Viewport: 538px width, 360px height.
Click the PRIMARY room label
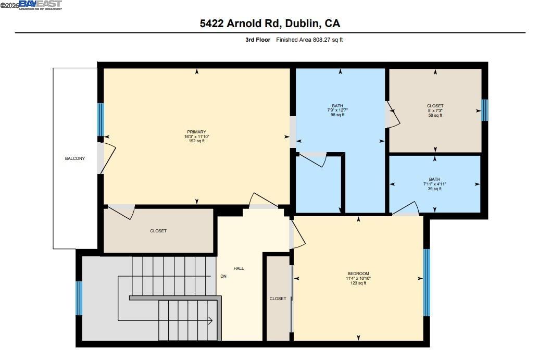[197, 132]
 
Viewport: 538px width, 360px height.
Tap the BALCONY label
[74, 158]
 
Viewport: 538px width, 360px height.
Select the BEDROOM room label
[358, 274]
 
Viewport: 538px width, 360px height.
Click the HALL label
[239, 268]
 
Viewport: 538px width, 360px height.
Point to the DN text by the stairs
[223, 276]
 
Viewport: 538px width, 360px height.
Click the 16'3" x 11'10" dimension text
[197, 136]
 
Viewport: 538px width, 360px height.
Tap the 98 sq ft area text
[337, 115]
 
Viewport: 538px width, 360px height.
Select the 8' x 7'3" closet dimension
[435, 110]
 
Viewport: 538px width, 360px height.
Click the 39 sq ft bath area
[434, 189]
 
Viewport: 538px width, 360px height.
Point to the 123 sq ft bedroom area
[358, 283]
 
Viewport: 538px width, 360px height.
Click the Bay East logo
[41, 5]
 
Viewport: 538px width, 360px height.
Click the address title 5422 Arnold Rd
[270, 23]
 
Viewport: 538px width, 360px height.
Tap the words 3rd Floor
[258, 40]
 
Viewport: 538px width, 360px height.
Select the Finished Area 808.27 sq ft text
[309, 40]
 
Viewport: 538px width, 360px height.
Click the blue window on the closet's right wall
[484, 110]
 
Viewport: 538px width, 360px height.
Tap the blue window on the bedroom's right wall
[426, 282]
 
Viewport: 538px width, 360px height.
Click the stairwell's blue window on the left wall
[79, 298]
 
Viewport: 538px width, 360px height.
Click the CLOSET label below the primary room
[158, 231]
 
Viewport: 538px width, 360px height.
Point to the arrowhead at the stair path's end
[210, 320]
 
